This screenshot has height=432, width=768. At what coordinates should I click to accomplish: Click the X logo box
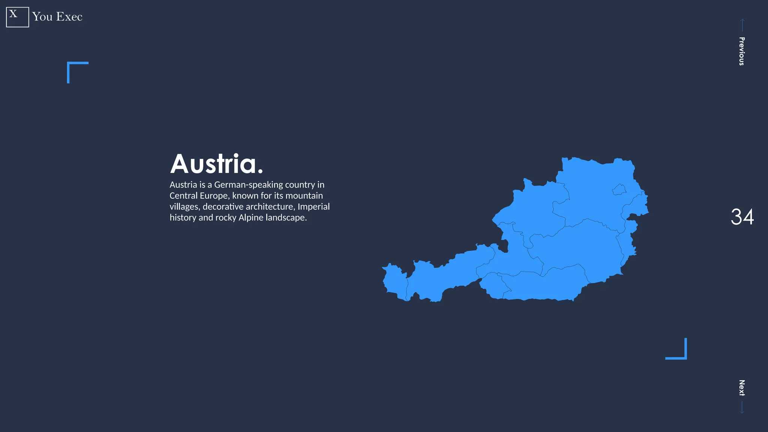click(17, 17)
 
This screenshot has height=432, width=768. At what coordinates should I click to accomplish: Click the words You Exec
click(57, 17)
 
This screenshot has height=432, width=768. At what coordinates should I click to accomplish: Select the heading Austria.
click(216, 164)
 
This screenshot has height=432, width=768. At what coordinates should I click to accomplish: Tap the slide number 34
click(742, 217)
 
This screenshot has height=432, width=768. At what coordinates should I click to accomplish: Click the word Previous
click(741, 51)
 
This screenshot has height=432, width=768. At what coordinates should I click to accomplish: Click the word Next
click(741, 388)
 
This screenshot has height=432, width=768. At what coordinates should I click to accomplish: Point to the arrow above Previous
click(742, 25)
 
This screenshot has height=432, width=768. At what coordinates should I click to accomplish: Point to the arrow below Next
click(742, 407)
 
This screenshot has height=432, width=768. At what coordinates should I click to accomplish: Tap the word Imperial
click(313, 207)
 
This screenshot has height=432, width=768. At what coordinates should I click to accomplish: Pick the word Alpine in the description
click(250, 218)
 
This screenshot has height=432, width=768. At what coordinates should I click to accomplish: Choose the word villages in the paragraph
click(184, 207)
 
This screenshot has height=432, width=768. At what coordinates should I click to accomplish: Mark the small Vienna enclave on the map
click(619, 189)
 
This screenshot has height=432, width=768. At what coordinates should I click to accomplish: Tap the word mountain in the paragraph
click(304, 196)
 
